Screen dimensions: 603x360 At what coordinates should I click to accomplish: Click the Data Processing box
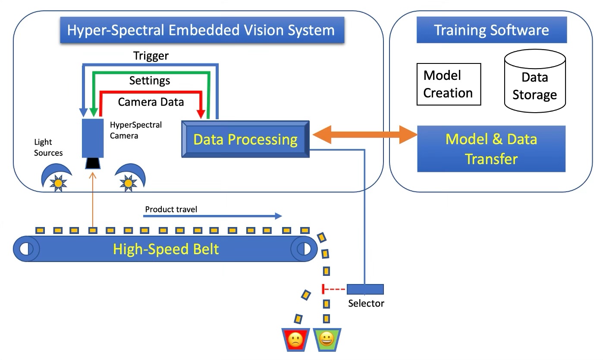point(245,139)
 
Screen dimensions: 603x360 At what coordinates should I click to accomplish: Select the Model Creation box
point(449,84)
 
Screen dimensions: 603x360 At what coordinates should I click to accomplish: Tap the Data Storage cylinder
point(535,81)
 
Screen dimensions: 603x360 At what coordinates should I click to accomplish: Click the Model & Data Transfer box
point(491,149)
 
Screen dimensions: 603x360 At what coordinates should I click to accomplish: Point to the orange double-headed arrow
point(365,134)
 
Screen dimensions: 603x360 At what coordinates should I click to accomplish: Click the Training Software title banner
point(492,30)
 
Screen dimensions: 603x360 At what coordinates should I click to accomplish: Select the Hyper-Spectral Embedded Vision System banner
point(202,30)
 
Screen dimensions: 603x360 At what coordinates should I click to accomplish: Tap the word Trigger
point(151,56)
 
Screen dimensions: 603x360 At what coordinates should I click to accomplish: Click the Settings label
point(150,81)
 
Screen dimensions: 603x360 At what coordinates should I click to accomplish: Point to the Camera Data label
point(151,102)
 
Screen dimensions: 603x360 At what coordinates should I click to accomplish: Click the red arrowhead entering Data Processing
point(201,114)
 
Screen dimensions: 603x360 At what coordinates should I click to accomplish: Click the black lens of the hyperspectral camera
point(93,163)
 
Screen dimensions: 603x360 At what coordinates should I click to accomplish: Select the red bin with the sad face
point(295,340)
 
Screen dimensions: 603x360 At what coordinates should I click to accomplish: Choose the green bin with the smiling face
point(327,340)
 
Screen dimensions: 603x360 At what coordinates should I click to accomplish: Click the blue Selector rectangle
point(365,289)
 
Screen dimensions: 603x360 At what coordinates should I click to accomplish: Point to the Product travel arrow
point(212,216)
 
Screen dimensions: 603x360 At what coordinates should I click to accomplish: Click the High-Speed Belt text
point(166,249)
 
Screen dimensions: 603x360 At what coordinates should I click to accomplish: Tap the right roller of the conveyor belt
point(304,249)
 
